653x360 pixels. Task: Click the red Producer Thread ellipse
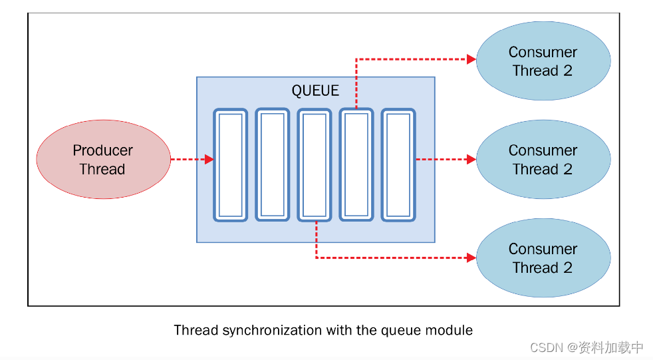tap(103, 160)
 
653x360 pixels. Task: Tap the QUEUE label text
tap(315, 90)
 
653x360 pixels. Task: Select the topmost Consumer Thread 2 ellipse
tap(543, 61)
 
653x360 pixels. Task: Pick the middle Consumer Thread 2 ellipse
tap(543, 160)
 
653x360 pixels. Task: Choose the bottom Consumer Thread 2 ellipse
tap(543, 258)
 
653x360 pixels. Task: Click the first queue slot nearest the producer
tap(230, 165)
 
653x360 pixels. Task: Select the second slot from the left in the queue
tap(273, 164)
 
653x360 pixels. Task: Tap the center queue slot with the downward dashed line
tap(315, 165)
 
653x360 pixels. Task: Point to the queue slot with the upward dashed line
tap(356, 165)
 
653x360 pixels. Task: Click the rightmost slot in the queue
tap(398, 165)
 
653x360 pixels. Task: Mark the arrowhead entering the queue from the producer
tap(209, 160)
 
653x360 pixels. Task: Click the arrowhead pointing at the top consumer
tap(471, 59)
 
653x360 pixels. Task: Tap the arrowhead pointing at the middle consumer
tap(471, 160)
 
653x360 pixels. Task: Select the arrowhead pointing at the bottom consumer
tap(471, 258)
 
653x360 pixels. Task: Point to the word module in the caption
tap(453, 330)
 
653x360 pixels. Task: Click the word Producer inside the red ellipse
tap(103, 150)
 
